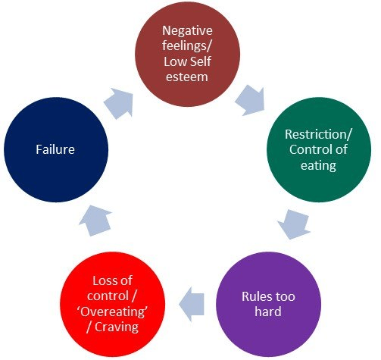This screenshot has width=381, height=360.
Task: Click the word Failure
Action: pyautogui.click(x=55, y=149)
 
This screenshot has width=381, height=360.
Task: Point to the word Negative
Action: pyautogui.click(x=189, y=33)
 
